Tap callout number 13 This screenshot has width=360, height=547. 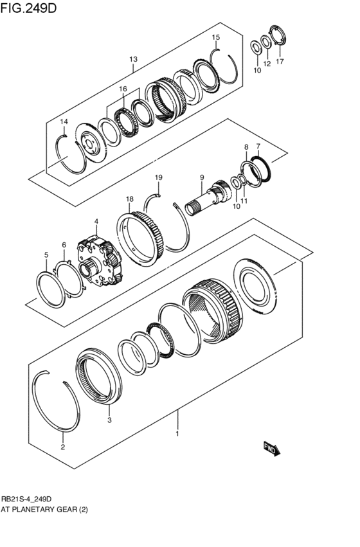pyautogui.click(x=133, y=60)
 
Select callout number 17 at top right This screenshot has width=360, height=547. pyautogui.click(x=279, y=62)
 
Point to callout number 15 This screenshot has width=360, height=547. pyautogui.click(x=216, y=37)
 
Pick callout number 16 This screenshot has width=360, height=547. pyautogui.click(x=123, y=89)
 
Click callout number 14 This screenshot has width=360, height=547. pyautogui.click(x=64, y=121)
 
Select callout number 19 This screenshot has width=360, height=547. pyautogui.click(x=158, y=177)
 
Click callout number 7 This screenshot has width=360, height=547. pyautogui.click(x=258, y=146)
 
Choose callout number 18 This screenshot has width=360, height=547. pyautogui.click(x=129, y=199)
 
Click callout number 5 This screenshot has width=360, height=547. pyautogui.click(x=46, y=255)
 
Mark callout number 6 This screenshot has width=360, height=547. pyautogui.click(x=64, y=245)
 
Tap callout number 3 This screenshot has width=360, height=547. pyautogui.click(x=109, y=420)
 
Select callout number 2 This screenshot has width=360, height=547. pyautogui.click(x=62, y=447)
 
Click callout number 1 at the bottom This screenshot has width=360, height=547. pyautogui.click(x=177, y=435)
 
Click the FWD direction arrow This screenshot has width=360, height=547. pyautogui.click(x=269, y=448)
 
